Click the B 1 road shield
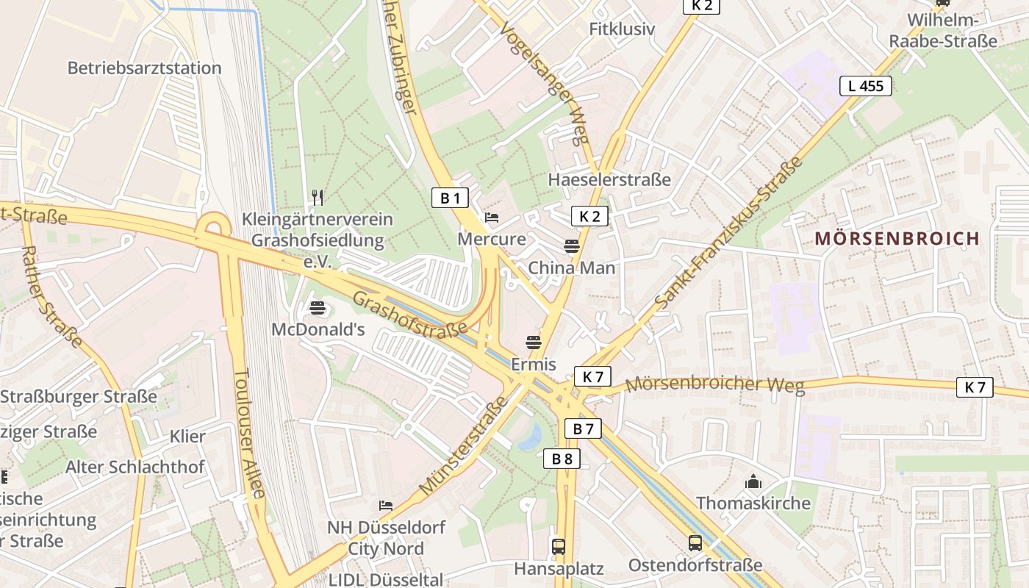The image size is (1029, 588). [450, 197]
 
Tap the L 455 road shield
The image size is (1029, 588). [866, 86]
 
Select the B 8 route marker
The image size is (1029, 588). [562, 459]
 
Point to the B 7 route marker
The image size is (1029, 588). [583, 429]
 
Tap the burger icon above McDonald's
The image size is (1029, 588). [318, 307]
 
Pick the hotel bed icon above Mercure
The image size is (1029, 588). [492, 218]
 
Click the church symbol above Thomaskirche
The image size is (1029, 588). [753, 482]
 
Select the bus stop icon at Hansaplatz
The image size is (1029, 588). [559, 546]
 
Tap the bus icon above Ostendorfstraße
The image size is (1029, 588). [695, 543]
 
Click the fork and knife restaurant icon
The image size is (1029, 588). [318, 197]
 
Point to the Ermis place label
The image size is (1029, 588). [534, 365]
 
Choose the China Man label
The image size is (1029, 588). [572, 268]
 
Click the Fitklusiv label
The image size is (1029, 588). [622, 29]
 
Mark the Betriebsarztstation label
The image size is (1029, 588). [144, 68]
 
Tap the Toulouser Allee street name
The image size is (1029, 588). [248, 434]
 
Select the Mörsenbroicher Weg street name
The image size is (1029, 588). [714, 384]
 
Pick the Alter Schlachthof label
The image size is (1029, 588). [135, 467]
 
